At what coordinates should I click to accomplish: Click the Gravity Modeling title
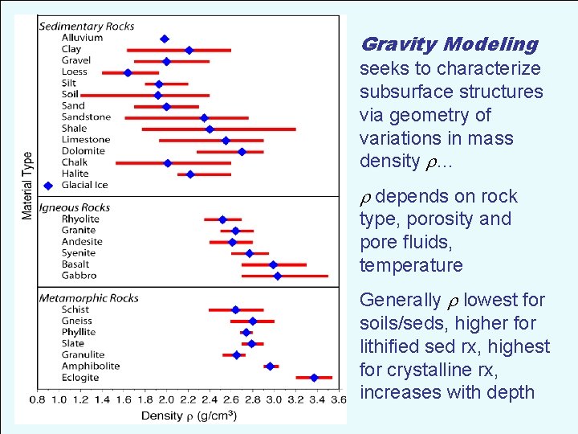(x=449, y=44)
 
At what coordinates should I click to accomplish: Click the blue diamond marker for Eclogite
(x=314, y=377)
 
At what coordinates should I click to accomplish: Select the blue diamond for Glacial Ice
(x=48, y=185)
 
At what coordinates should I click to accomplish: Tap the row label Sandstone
(x=86, y=117)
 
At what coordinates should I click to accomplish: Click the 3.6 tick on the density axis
(x=340, y=399)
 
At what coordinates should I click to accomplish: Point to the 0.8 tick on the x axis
(x=38, y=399)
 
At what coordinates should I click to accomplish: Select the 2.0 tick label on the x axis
(x=165, y=399)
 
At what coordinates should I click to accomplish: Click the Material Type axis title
(x=27, y=186)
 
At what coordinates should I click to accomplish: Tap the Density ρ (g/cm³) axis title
(x=189, y=416)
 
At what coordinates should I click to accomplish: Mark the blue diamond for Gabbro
(x=278, y=276)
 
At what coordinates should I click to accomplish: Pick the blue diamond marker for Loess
(x=128, y=72)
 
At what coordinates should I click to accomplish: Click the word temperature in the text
(x=411, y=265)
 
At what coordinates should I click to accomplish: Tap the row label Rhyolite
(x=80, y=219)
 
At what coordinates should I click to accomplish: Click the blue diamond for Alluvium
(x=165, y=39)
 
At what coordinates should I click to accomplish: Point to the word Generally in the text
(x=400, y=301)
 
